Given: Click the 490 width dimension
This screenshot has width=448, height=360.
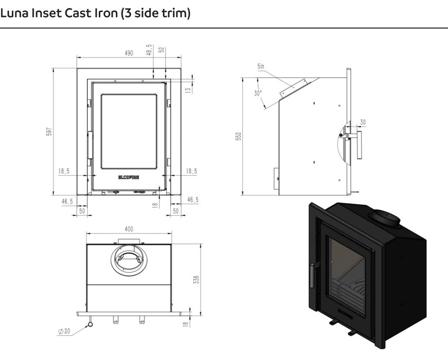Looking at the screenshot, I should click(x=129, y=53).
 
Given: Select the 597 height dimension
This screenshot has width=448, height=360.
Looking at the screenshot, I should click(x=49, y=132).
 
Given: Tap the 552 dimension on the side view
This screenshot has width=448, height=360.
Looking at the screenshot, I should click(x=238, y=137).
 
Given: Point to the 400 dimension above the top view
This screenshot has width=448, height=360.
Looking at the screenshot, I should click(x=129, y=229).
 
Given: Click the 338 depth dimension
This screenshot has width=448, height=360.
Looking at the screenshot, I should click(x=195, y=279).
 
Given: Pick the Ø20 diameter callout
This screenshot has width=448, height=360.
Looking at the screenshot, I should click(x=64, y=331).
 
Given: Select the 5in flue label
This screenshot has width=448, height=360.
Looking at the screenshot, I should click(x=261, y=66).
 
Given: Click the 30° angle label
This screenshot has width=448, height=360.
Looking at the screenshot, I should click(x=257, y=93).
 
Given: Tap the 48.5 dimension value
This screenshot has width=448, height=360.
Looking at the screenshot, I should click(x=149, y=50).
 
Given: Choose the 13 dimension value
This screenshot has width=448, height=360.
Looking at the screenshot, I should click(x=188, y=89).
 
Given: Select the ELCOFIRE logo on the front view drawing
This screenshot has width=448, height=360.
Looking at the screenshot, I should click(x=129, y=177).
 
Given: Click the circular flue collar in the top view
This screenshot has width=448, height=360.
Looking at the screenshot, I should click(x=129, y=258).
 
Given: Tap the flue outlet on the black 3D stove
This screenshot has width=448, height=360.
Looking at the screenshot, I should click(x=386, y=218).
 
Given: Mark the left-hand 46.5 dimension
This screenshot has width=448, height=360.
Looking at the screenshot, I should click(x=67, y=201).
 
